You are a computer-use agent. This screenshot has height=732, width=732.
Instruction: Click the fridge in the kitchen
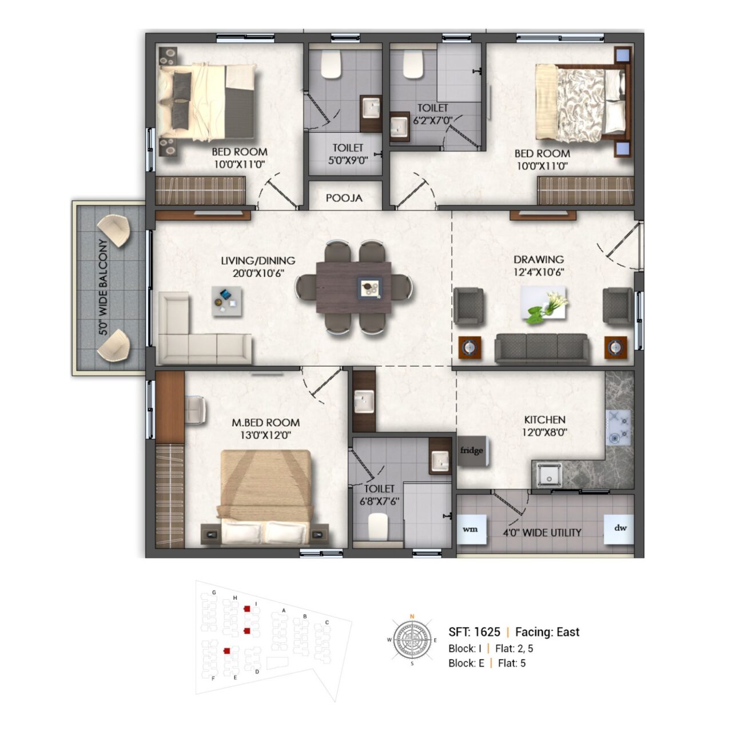click(472, 451)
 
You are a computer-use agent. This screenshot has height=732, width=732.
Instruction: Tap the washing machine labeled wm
click(471, 530)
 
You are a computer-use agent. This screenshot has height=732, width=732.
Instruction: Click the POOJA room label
click(344, 198)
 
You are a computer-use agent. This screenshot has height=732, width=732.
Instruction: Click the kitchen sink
click(548, 475)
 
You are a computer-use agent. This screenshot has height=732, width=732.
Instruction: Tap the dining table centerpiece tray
click(369, 287)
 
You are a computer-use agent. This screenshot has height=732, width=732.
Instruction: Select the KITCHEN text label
click(545, 420)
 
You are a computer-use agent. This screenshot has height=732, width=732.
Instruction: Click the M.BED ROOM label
click(265, 423)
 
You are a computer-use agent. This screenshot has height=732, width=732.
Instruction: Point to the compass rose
click(412, 640)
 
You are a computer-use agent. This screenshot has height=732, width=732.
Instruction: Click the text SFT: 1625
click(475, 632)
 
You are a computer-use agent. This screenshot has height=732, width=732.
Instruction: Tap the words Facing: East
click(547, 632)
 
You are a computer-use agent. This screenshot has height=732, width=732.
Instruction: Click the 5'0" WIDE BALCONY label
click(104, 287)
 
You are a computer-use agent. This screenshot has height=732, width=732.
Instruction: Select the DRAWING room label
click(539, 260)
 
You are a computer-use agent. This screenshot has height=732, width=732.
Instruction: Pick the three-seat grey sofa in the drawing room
click(542, 348)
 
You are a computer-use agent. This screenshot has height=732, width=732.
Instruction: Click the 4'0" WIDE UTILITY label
click(542, 532)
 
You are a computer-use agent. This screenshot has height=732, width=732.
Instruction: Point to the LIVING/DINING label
click(258, 261)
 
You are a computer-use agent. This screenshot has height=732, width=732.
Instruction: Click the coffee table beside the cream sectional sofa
click(227, 301)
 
